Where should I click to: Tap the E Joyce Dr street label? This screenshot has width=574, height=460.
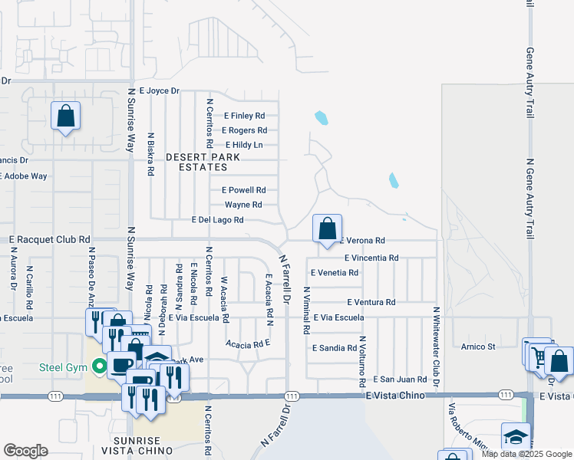point(153,90)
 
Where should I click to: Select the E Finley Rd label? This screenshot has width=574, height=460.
point(245,116)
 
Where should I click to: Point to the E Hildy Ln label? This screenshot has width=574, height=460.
point(244,145)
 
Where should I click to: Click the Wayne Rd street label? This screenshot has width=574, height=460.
point(243,205)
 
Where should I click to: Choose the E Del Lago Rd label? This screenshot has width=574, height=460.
point(217,220)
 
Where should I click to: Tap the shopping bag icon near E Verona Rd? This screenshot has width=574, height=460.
point(327,228)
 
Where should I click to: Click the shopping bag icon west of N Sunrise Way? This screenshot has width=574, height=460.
point(66,117)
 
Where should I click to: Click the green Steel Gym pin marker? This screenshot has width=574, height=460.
point(99,367)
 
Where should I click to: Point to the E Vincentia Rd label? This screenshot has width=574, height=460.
point(371,258)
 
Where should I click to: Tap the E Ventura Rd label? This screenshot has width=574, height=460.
point(371,303)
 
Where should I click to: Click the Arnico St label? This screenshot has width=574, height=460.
point(479,347)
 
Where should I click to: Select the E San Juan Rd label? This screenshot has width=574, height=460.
point(400,379)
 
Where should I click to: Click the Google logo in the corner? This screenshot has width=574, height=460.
point(25,451)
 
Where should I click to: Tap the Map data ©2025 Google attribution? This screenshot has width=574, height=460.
point(526,454)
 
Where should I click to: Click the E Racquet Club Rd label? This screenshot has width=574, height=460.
point(50,240)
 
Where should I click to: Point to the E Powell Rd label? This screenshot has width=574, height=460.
point(243,190)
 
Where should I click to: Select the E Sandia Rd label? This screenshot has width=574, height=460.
point(335,347)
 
